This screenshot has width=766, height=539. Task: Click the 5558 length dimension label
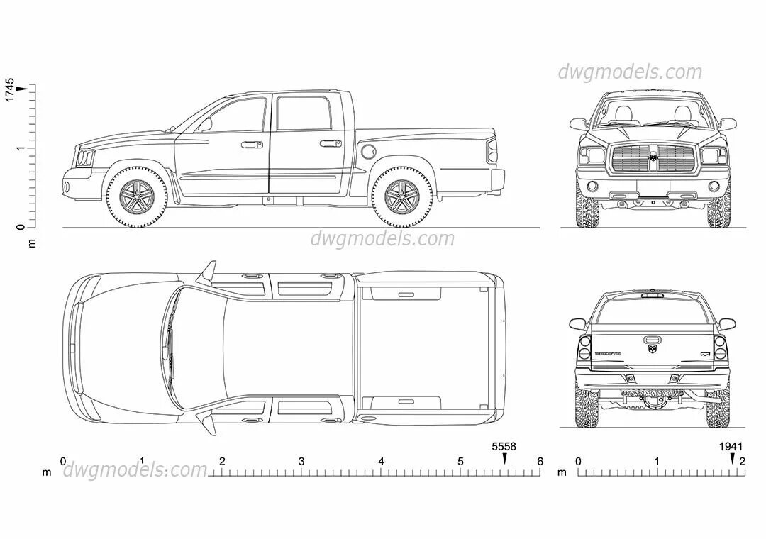click(504, 447)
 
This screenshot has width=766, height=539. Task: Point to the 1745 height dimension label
click(10, 89)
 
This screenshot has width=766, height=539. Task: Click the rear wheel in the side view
click(401, 195)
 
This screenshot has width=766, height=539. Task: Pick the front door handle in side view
click(248, 145)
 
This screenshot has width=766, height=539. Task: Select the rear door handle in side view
click(329, 144)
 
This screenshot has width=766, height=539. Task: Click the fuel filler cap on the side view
click(369, 151)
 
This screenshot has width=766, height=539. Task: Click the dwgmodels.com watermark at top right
click(629, 72)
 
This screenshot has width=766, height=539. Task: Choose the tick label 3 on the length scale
click(301, 462)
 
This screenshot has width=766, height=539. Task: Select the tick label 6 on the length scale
click(540, 462)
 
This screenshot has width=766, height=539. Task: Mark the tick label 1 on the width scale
click(657, 462)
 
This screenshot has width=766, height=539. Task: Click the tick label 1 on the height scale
click(21, 148)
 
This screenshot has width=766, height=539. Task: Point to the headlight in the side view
click(85, 157)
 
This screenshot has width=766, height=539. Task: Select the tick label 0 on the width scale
click(578, 462)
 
